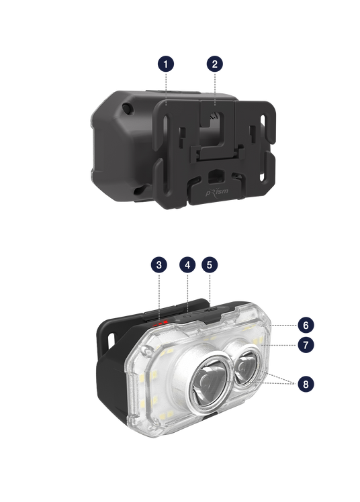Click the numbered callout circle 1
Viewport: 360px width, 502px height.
pos(166,64)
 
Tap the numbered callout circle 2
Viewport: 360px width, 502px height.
pos(215,64)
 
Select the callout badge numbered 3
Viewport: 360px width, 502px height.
pos(159,265)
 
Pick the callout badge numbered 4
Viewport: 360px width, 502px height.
pos(187,265)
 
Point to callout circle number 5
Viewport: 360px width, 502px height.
pos(210,265)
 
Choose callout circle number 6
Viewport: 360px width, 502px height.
pos(306,325)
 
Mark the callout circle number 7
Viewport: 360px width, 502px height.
pos(306,345)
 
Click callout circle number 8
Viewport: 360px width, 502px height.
pos(306,384)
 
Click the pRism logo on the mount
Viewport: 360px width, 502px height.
pos(217,192)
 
